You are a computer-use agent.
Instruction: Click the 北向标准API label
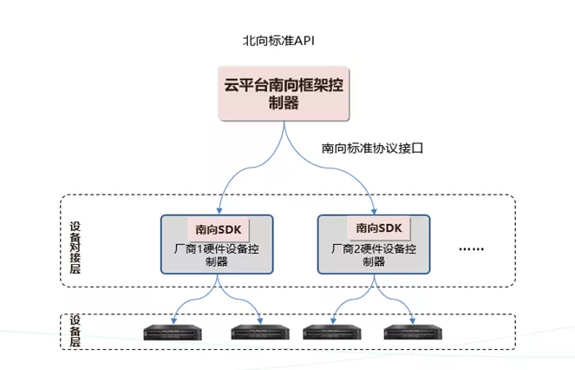pyautogui.click(x=277, y=41)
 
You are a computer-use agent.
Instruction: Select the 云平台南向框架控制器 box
pyautogui.click(x=284, y=94)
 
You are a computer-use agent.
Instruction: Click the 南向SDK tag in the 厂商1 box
pyautogui.click(x=218, y=228)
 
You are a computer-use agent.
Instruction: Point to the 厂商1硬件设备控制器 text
pyautogui.click(x=218, y=255)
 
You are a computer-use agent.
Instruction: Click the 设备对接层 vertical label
pyautogui.click(x=75, y=246)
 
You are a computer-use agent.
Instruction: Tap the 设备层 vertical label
pyautogui.click(x=75, y=332)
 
